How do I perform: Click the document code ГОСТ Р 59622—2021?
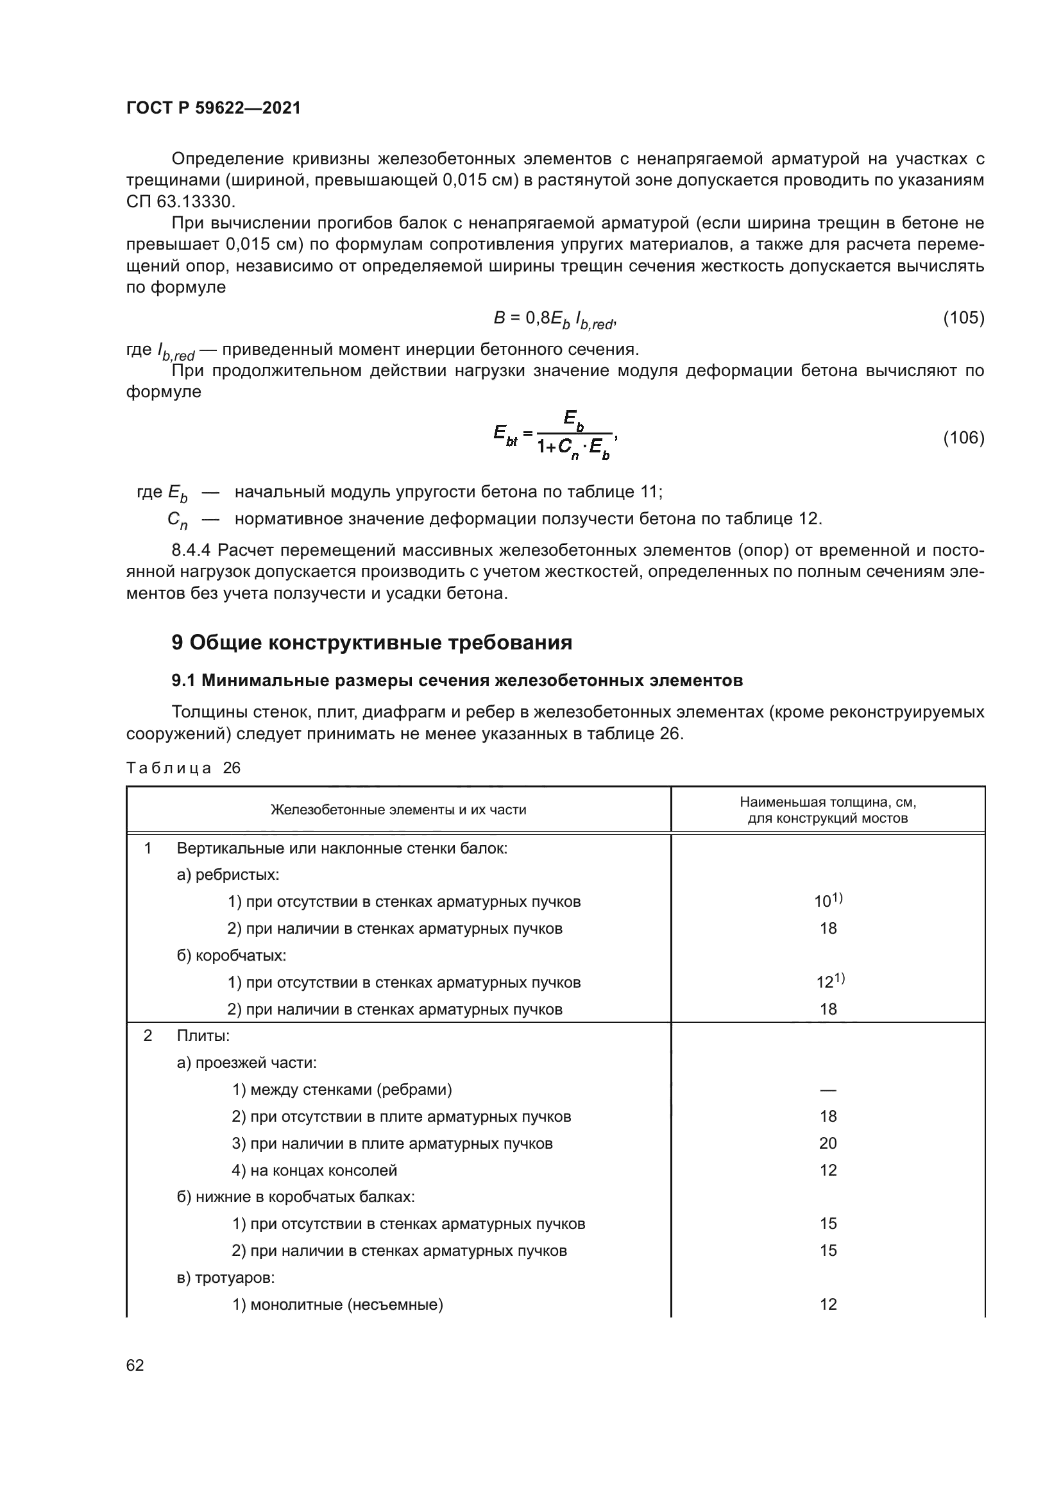click(x=213, y=108)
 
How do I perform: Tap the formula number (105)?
click(x=963, y=318)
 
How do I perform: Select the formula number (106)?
click(x=963, y=438)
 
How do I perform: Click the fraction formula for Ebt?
click(x=556, y=434)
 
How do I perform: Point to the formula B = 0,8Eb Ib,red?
click(x=554, y=320)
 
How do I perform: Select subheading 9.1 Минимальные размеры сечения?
click(x=457, y=680)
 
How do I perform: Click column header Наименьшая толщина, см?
click(x=827, y=809)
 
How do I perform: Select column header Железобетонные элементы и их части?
click(x=398, y=810)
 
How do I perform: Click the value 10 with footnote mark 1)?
click(x=827, y=902)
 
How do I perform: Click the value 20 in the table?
click(x=828, y=1143)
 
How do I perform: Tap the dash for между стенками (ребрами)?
click(x=828, y=1090)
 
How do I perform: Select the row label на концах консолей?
click(x=314, y=1171)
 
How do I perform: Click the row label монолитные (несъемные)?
click(x=337, y=1304)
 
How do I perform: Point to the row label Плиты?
click(x=203, y=1036)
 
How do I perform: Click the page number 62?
click(x=135, y=1365)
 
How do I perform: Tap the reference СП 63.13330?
click(x=180, y=202)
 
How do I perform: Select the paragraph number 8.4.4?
click(x=190, y=551)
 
